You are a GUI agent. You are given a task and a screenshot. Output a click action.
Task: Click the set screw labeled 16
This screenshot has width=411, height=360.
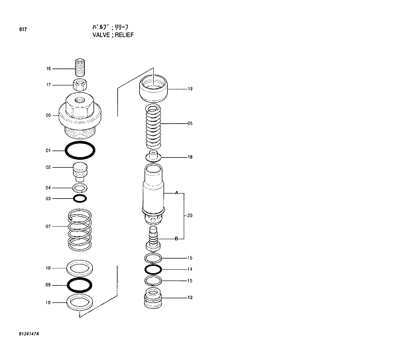pos(80,68)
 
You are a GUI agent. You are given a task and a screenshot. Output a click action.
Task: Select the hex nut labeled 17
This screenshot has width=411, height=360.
pos(80,84)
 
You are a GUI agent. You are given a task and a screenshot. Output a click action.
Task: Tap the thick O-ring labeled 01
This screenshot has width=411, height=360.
pos(80,150)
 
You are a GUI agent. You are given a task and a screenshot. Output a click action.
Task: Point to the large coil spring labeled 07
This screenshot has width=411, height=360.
pos(80,229)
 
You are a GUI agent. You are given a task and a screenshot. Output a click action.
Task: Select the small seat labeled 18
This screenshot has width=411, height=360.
pos(153,157)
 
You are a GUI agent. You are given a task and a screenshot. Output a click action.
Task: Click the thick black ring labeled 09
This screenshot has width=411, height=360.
pos(80,285)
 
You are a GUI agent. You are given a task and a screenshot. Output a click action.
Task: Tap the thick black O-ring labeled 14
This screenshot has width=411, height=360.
pos(153,269)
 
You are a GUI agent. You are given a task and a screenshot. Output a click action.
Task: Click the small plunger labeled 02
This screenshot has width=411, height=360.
pos(80,171)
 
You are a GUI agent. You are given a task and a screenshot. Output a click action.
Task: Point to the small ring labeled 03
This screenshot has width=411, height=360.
pos(80,198)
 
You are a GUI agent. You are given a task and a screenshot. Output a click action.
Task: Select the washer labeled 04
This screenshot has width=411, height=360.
pos(80,188)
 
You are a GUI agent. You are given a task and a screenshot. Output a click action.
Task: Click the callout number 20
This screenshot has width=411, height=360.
pos(190,215)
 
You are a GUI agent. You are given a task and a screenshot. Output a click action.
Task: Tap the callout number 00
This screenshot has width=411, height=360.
pos(48,115)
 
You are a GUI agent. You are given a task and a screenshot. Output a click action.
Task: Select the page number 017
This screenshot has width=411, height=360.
pos(23,29)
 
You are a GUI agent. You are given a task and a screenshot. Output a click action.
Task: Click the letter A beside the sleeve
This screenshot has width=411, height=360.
pos(176,193)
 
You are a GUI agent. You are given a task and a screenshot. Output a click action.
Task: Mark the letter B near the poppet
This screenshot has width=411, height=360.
pos(176,238)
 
